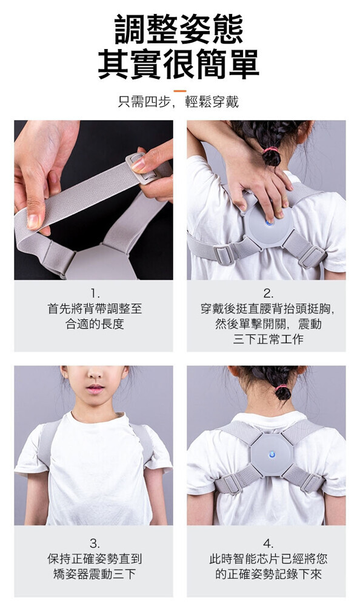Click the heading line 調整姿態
pyautogui.click(x=179, y=29)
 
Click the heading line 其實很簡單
pyautogui.click(x=179, y=64)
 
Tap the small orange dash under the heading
pyautogui.click(x=180, y=92)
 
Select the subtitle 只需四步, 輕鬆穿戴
pyautogui.click(x=178, y=102)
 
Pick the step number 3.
pyautogui.click(x=94, y=544)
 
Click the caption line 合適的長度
pyautogui.click(x=95, y=324)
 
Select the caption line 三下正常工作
pyautogui.click(x=268, y=339)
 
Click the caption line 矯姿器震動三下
pyautogui.click(x=95, y=574)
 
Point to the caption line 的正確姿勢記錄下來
pyautogui.click(x=268, y=574)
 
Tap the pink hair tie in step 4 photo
pyautogui.click(x=281, y=387)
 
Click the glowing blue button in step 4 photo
pyautogui.click(x=271, y=454)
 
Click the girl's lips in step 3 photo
pyautogui.click(x=95, y=388)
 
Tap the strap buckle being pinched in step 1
pyautogui.click(x=142, y=167)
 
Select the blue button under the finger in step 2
pyautogui.click(x=268, y=224)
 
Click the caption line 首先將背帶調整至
pyautogui.click(x=95, y=308)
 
